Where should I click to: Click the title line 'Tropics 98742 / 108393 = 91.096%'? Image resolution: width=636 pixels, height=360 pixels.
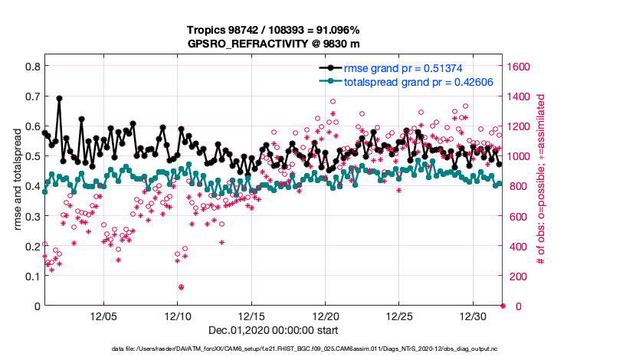(273, 30)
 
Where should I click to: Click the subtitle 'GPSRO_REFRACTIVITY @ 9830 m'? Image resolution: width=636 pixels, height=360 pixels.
(273, 44)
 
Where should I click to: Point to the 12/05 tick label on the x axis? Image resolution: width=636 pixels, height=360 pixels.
(103, 316)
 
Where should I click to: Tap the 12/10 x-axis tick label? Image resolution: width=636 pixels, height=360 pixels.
(177, 316)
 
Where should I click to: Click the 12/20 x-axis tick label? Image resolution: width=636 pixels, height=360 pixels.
(326, 316)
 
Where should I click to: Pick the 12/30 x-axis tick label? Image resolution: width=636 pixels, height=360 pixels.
(474, 316)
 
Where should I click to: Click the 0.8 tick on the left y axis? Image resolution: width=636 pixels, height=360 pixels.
(31, 67)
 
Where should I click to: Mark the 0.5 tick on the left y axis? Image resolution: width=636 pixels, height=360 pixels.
(31, 156)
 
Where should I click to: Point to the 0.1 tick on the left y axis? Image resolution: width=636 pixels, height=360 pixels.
(31, 276)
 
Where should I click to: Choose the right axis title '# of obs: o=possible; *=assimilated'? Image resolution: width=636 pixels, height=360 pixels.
(540, 180)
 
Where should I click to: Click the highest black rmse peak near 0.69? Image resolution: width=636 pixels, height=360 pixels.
(59, 98)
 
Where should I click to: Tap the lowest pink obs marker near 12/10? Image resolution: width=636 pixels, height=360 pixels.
(181, 287)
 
